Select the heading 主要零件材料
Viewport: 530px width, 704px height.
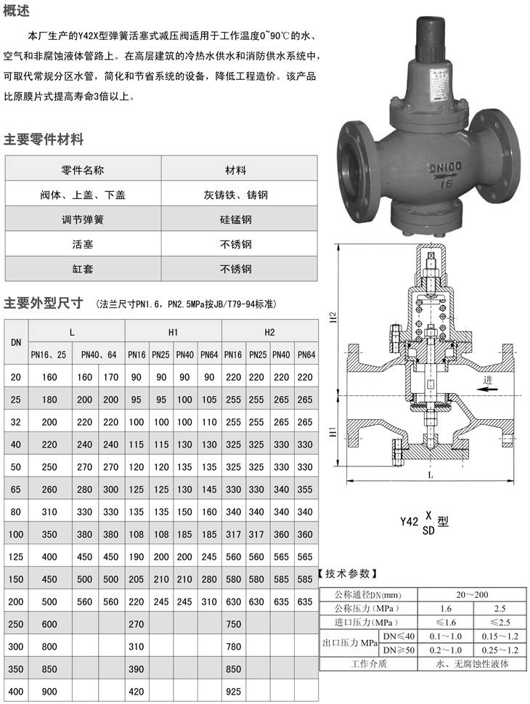click(44, 139)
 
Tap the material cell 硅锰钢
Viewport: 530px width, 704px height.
click(236, 219)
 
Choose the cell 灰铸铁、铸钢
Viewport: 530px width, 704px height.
click(236, 194)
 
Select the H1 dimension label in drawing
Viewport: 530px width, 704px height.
click(333, 432)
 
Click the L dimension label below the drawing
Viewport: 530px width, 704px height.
click(431, 475)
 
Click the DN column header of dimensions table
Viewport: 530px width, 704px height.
click(16, 342)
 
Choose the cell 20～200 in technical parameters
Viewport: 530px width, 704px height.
click(476, 593)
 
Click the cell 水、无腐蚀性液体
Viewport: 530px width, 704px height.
click(476, 664)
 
